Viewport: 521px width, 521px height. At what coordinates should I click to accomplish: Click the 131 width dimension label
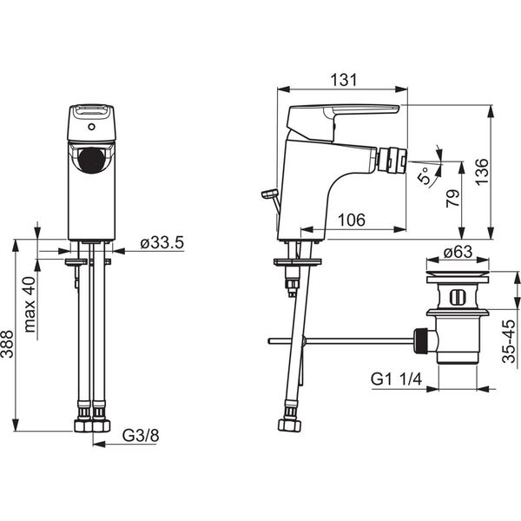tap(344, 80)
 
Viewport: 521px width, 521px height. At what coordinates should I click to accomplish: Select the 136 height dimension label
tap(481, 172)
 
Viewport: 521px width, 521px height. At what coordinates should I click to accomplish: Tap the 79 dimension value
tap(453, 198)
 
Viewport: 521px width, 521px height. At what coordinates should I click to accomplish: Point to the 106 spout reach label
tap(351, 220)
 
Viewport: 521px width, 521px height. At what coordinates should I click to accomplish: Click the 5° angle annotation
tap(425, 175)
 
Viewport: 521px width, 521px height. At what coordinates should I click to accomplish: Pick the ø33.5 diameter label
tap(162, 243)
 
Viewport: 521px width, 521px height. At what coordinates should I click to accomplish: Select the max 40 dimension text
tap(30, 305)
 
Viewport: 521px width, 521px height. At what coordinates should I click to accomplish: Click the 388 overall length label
tap(7, 344)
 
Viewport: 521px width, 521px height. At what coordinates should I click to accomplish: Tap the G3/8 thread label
tap(141, 436)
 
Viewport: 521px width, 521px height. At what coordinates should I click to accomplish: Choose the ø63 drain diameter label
tap(458, 252)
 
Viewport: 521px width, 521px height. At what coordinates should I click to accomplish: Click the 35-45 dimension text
tap(509, 341)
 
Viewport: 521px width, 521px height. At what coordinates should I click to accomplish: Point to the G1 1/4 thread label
tap(396, 379)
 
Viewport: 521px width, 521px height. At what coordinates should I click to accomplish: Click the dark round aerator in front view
tap(92, 161)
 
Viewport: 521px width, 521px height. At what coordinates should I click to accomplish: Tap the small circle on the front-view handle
tap(92, 127)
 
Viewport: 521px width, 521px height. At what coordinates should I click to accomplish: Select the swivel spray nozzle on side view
tap(392, 161)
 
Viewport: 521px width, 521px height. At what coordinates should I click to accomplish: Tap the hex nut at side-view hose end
tap(290, 425)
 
